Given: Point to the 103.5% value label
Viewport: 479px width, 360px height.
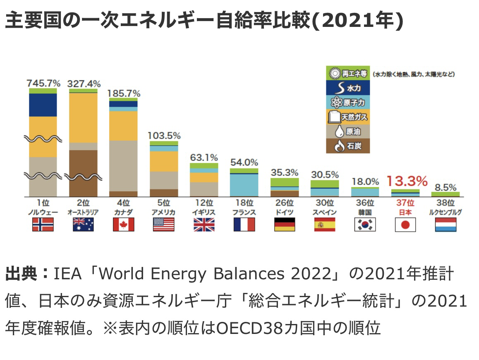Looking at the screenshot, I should [164, 136].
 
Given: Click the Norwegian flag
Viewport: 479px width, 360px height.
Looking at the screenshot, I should [43, 224].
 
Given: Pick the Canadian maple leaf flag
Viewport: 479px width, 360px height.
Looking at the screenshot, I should [124, 224].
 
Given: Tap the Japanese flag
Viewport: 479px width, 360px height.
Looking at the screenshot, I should [405, 224].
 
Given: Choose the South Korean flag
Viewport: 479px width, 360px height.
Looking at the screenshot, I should [365, 224].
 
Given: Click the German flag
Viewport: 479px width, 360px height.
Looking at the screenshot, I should [284, 224].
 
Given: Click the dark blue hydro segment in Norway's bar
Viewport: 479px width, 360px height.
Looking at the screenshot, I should [43, 105].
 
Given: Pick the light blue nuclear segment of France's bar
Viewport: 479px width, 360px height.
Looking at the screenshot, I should [244, 185].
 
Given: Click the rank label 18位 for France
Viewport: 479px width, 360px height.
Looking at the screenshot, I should [244, 203].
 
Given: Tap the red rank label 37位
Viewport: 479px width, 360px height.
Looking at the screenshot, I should [405, 203].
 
